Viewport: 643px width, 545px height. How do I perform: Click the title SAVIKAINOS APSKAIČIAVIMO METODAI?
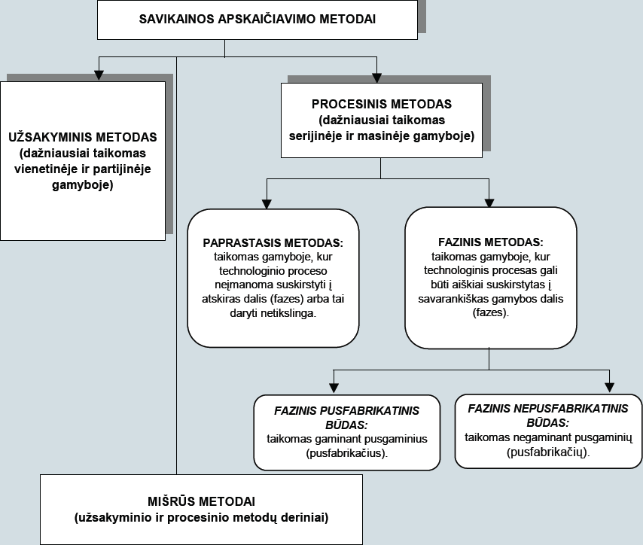(257, 20)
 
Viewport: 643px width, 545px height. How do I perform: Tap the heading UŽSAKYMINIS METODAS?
(83, 137)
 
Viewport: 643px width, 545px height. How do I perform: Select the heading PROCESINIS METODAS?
(382, 104)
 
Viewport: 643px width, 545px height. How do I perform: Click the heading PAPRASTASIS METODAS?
(273, 243)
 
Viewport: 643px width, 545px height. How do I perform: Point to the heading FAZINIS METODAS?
(491, 242)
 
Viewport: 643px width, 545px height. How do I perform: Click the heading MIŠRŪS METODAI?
(201, 501)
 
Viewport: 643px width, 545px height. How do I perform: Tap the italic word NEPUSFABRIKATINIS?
(571, 409)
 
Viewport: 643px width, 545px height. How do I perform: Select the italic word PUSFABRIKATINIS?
(369, 411)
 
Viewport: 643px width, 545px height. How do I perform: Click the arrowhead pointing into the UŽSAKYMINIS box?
(99, 75)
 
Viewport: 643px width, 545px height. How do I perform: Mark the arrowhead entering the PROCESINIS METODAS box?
(377, 78)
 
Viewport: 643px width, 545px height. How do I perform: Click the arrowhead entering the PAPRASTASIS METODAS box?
(267, 204)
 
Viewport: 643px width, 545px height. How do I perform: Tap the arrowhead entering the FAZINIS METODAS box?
(489, 203)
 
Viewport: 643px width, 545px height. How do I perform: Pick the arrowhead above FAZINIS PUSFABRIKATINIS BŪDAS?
(334, 388)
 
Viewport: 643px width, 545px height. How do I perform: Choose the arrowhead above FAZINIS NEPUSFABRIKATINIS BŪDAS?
(609, 387)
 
